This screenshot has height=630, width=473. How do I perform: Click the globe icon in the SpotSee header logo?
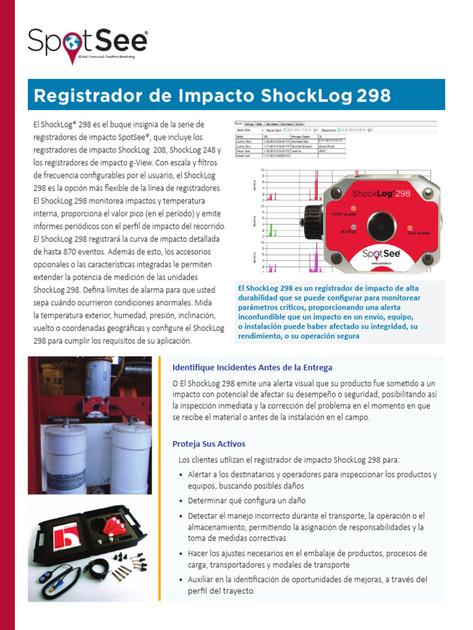tap(71, 42)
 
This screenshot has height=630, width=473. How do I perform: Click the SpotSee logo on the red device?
tap(379, 253)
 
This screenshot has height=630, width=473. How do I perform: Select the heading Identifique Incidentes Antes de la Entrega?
tap(253, 367)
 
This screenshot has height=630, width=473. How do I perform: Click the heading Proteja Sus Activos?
tap(209, 444)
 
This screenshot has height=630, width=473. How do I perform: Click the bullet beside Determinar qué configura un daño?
tap(180, 501)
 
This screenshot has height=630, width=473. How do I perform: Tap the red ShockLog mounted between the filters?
tap(92, 405)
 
